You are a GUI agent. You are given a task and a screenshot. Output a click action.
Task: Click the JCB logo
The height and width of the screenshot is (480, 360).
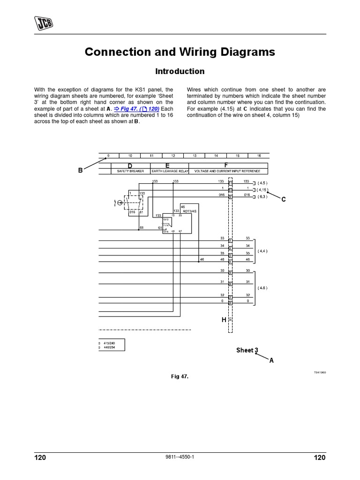43,22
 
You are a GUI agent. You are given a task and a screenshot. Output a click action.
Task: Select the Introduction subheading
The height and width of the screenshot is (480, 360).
180,71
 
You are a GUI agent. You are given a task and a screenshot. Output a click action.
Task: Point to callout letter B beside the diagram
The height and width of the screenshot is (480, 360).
80,171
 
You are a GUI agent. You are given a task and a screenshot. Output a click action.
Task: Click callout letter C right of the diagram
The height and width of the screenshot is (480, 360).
283,200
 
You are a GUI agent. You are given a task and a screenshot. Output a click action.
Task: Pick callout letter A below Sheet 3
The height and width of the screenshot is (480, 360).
271,360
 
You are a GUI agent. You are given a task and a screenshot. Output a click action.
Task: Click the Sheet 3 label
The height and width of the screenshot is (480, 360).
247,350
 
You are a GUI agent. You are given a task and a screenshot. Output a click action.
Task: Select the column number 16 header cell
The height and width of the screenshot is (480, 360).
258,155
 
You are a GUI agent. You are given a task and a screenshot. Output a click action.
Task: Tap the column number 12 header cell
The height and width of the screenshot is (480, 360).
173,155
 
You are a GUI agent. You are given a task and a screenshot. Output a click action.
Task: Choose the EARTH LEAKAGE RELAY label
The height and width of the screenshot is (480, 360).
169,172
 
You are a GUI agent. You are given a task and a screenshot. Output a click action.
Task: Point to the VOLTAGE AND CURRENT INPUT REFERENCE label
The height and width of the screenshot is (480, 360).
226,172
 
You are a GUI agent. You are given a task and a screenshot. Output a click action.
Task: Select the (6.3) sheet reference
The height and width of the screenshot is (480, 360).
262,197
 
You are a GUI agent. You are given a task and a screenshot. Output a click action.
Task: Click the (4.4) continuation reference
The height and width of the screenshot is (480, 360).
262,251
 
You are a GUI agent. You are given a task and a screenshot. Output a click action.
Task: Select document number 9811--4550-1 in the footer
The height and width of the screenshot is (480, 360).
180,457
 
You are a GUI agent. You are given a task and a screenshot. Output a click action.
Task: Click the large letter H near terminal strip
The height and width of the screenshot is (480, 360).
224,320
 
